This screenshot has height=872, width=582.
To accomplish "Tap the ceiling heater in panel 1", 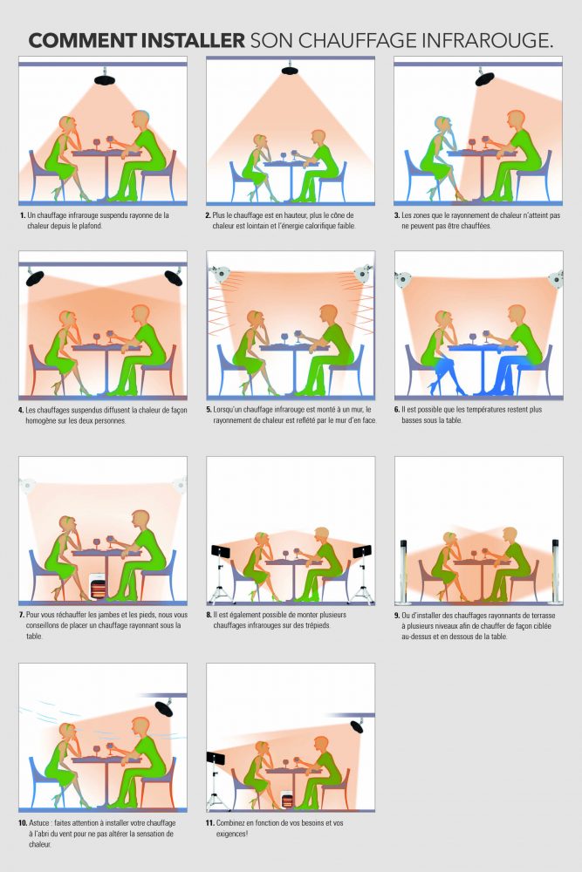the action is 105,79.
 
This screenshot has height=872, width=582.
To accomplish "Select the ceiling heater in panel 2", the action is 290,70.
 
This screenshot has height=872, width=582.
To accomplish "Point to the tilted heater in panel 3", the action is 484,78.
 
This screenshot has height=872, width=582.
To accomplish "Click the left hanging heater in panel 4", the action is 35,277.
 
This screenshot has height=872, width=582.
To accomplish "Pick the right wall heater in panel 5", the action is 364,274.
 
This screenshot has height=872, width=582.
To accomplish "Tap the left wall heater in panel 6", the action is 402,279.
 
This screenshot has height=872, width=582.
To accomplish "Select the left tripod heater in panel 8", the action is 221,553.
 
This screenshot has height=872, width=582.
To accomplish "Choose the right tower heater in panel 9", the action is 555,571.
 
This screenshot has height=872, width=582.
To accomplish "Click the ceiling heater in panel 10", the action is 163,708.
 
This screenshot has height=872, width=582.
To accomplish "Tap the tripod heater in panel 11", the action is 215,758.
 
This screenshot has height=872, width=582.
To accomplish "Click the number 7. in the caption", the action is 22,615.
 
